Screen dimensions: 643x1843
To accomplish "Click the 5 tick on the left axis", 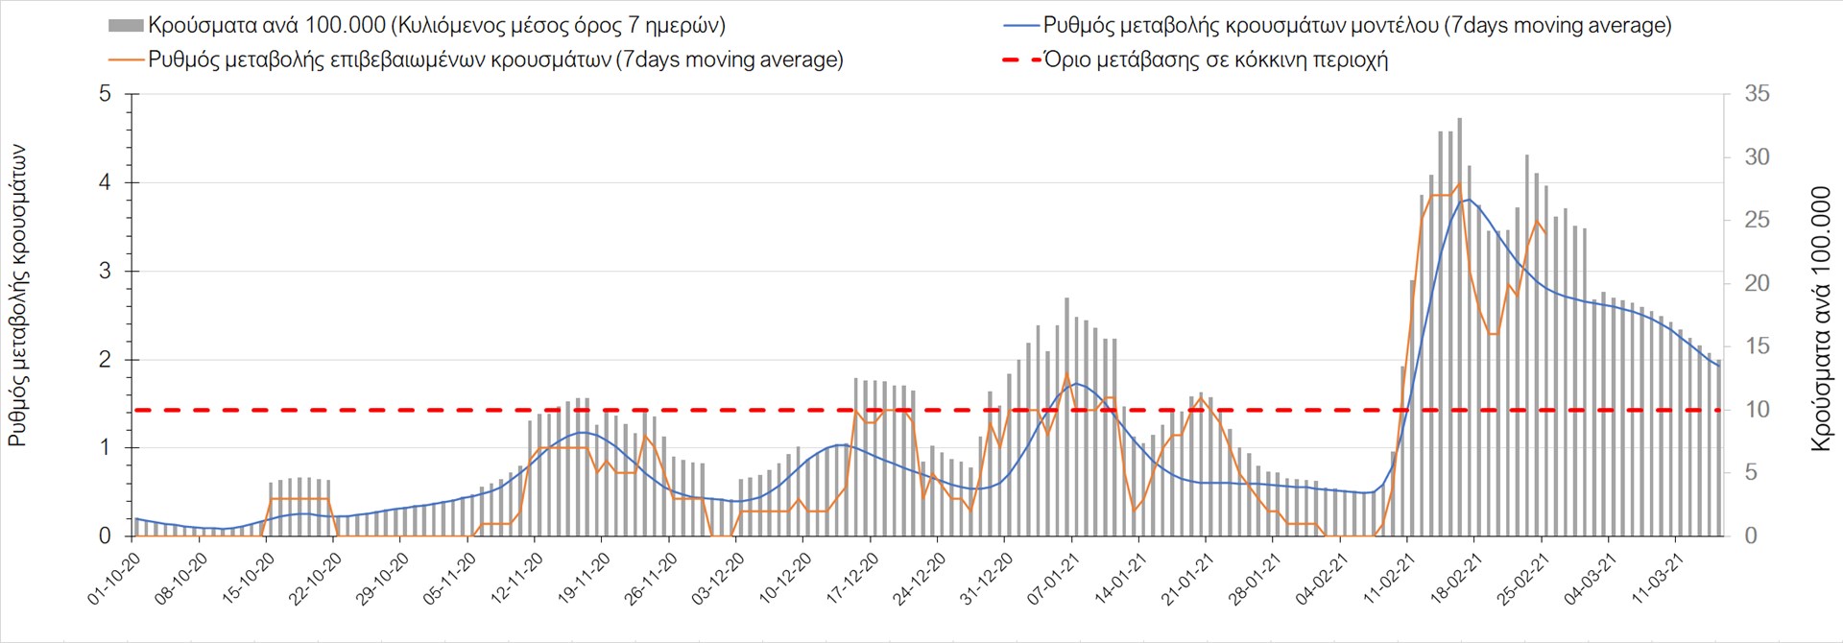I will (x=106, y=94).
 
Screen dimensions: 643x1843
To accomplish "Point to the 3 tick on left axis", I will (x=106, y=272).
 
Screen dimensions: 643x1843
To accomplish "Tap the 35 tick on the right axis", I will (x=1757, y=94).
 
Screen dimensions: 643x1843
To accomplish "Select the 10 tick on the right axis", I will (x=1757, y=410).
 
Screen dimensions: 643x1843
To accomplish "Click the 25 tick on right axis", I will (x=1757, y=221).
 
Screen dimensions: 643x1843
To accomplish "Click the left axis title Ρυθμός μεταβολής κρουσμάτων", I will (x=17, y=296).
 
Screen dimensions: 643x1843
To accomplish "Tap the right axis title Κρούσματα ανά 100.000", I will (x=1821, y=320).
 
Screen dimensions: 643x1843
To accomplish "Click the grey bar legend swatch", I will (x=126, y=26).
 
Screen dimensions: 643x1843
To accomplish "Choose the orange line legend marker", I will (x=126, y=60).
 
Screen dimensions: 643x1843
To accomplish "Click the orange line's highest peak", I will (x=1459, y=184).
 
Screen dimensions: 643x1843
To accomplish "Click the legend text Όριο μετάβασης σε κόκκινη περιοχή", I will (x=1216, y=60).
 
